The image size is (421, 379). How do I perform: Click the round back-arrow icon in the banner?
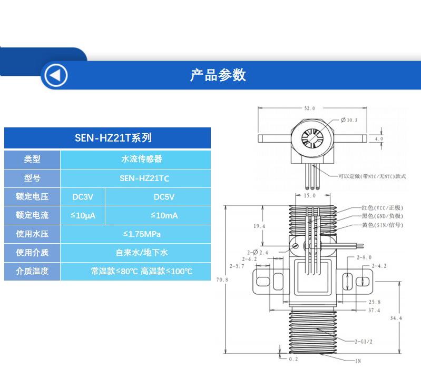[x=56, y=75]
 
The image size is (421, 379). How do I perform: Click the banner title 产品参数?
[x=218, y=75]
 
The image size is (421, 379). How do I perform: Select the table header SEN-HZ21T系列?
[x=113, y=138]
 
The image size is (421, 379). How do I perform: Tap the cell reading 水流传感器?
[x=142, y=159]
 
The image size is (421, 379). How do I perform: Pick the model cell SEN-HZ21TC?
[x=144, y=178]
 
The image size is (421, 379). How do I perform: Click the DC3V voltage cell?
[x=83, y=197]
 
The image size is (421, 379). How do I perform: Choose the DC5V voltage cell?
[x=164, y=197]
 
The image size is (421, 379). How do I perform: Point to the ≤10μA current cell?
[x=83, y=215]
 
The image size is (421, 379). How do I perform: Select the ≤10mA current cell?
[x=164, y=215]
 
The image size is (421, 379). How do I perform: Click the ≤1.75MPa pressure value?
[x=142, y=234]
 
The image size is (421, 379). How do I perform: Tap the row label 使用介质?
[x=32, y=252]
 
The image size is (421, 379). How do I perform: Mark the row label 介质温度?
[x=32, y=271]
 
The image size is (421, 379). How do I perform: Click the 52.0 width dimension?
[x=310, y=108]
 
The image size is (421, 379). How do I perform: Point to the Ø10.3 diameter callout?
[x=349, y=120]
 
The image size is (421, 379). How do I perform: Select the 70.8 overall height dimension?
[x=222, y=280]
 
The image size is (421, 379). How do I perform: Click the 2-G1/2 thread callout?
[x=363, y=342]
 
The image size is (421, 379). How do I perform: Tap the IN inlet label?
[x=358, y=361]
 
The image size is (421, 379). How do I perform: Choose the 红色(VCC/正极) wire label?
[x=383, y=207]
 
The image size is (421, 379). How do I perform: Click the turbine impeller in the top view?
[x=312, y=138]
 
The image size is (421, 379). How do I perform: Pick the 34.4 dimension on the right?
[x=396, y=318]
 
